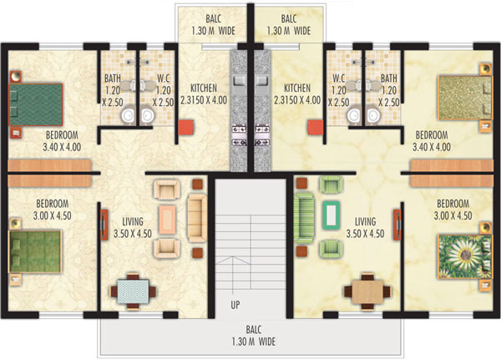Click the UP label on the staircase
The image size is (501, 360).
(235, 305)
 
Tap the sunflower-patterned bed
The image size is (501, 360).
(465, 256)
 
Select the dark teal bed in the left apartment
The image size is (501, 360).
(36, 104)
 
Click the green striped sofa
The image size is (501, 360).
(304, 218)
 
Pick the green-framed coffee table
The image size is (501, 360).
(331, 215)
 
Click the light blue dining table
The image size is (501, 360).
(133, 292)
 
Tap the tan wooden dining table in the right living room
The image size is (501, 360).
(367, 292)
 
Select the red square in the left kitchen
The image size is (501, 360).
(186, 127)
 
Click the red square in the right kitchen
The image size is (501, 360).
(316, 128)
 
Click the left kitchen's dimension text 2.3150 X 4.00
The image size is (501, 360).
(204, 99)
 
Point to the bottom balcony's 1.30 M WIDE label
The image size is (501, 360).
(253, 342)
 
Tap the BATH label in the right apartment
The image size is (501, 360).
(388, 78)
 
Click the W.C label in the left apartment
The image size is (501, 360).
(164, 78)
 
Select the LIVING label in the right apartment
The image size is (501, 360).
(365, 221)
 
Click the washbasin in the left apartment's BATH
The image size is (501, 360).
(129, 114)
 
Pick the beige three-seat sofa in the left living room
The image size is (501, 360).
(197, 218)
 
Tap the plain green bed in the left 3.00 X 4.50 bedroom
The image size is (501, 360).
(35, 251)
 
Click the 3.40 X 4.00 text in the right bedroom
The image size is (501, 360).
(432, 147)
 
